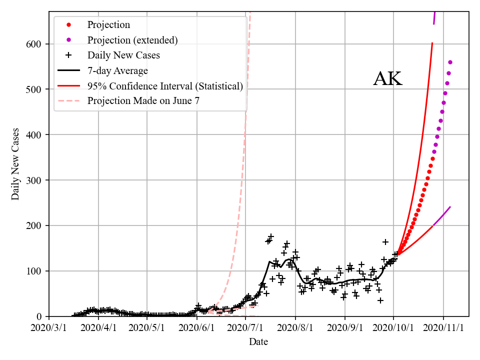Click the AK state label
click(x=387, y=79)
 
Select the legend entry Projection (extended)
click(x=132, y=40)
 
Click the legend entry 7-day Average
click(x=117, y=70)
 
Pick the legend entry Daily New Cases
click(x=123, y=55)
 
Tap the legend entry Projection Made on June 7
click(x=144, y=101)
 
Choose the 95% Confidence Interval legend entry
click(x=165, y=86)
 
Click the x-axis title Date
click(x=258, y=342)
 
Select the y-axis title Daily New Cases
click(x=15, y=164)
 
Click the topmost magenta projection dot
click(x=450, y=62)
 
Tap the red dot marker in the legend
click(x=68, y=24)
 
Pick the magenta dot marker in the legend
click(x=68, y=40)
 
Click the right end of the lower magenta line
click(x=450, y=207)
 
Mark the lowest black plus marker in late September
click(x=380, y=300)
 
